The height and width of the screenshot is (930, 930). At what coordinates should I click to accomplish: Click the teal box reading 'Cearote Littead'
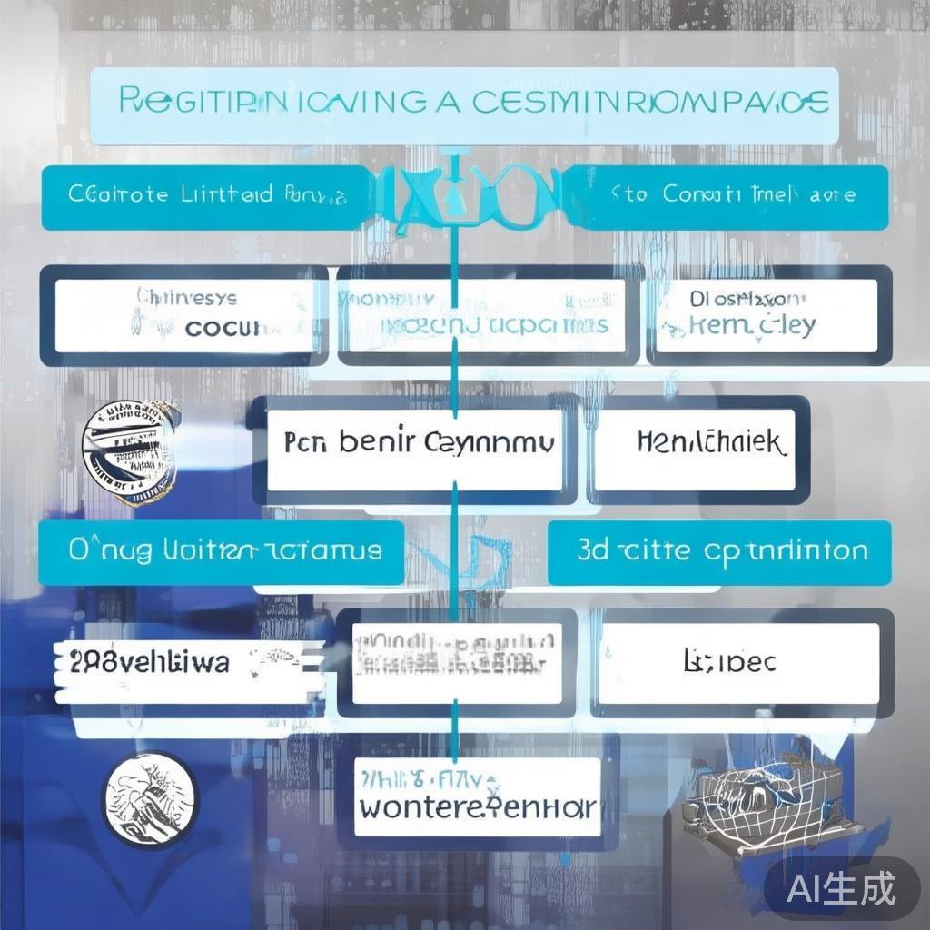pyautogui.click(x=195, y=196)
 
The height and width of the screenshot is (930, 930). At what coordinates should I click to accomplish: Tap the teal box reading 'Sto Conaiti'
pyautogui.click(x=731, y=196)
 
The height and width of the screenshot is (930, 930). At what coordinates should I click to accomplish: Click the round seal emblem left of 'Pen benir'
pyautogui.click(x=130, y=451)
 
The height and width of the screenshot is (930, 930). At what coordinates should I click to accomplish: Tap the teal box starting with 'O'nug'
pyautogui.click(x=223, y=551)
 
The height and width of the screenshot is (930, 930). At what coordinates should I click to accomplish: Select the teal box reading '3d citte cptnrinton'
pyautogui.click(x=720, y=551)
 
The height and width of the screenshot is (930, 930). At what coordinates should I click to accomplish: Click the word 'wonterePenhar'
pyautogui.click(x=477, y=806)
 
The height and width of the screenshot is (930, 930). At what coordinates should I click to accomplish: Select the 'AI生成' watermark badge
pyautogui.click(x=841, y=886)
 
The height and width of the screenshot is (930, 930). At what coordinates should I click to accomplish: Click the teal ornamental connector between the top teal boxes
pyautogui.click(x=464, y=194)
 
